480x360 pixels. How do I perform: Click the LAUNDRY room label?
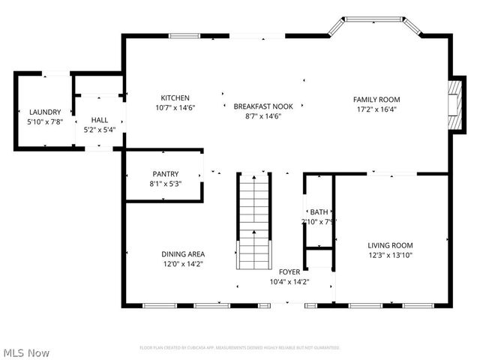pyautogui.click(x=44, y=112)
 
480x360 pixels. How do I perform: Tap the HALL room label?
pyautogui.click(x=99, y=120)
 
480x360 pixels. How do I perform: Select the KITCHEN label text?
pyautogui.click(x=175, y=98)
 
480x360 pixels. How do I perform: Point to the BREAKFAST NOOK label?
pyautogui.click(x=262, y=106)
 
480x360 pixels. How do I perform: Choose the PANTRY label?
pyautogui.click(x=165, y=174)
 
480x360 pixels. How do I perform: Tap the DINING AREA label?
pyautogui.click(x=182, y=253)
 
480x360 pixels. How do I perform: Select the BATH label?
pyautogui.click(x=319, y=212)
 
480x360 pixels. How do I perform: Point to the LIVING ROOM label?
pyautogui.click(x=390, y=245)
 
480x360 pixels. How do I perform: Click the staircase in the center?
pyautogui.click(x=253, y=220)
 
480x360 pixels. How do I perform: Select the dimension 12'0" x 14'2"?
pyautogui.click(x=182, y=263)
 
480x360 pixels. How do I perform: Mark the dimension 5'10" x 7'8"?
pyautogui.click(x=44, y=121)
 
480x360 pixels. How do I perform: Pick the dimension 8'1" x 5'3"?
pyautogui.click(x=165, y=184)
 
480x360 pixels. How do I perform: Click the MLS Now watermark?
pyautogui.click(x=26, y=352)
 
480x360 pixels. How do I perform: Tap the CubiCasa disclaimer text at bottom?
pyautogui.click(x=240, y=347)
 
